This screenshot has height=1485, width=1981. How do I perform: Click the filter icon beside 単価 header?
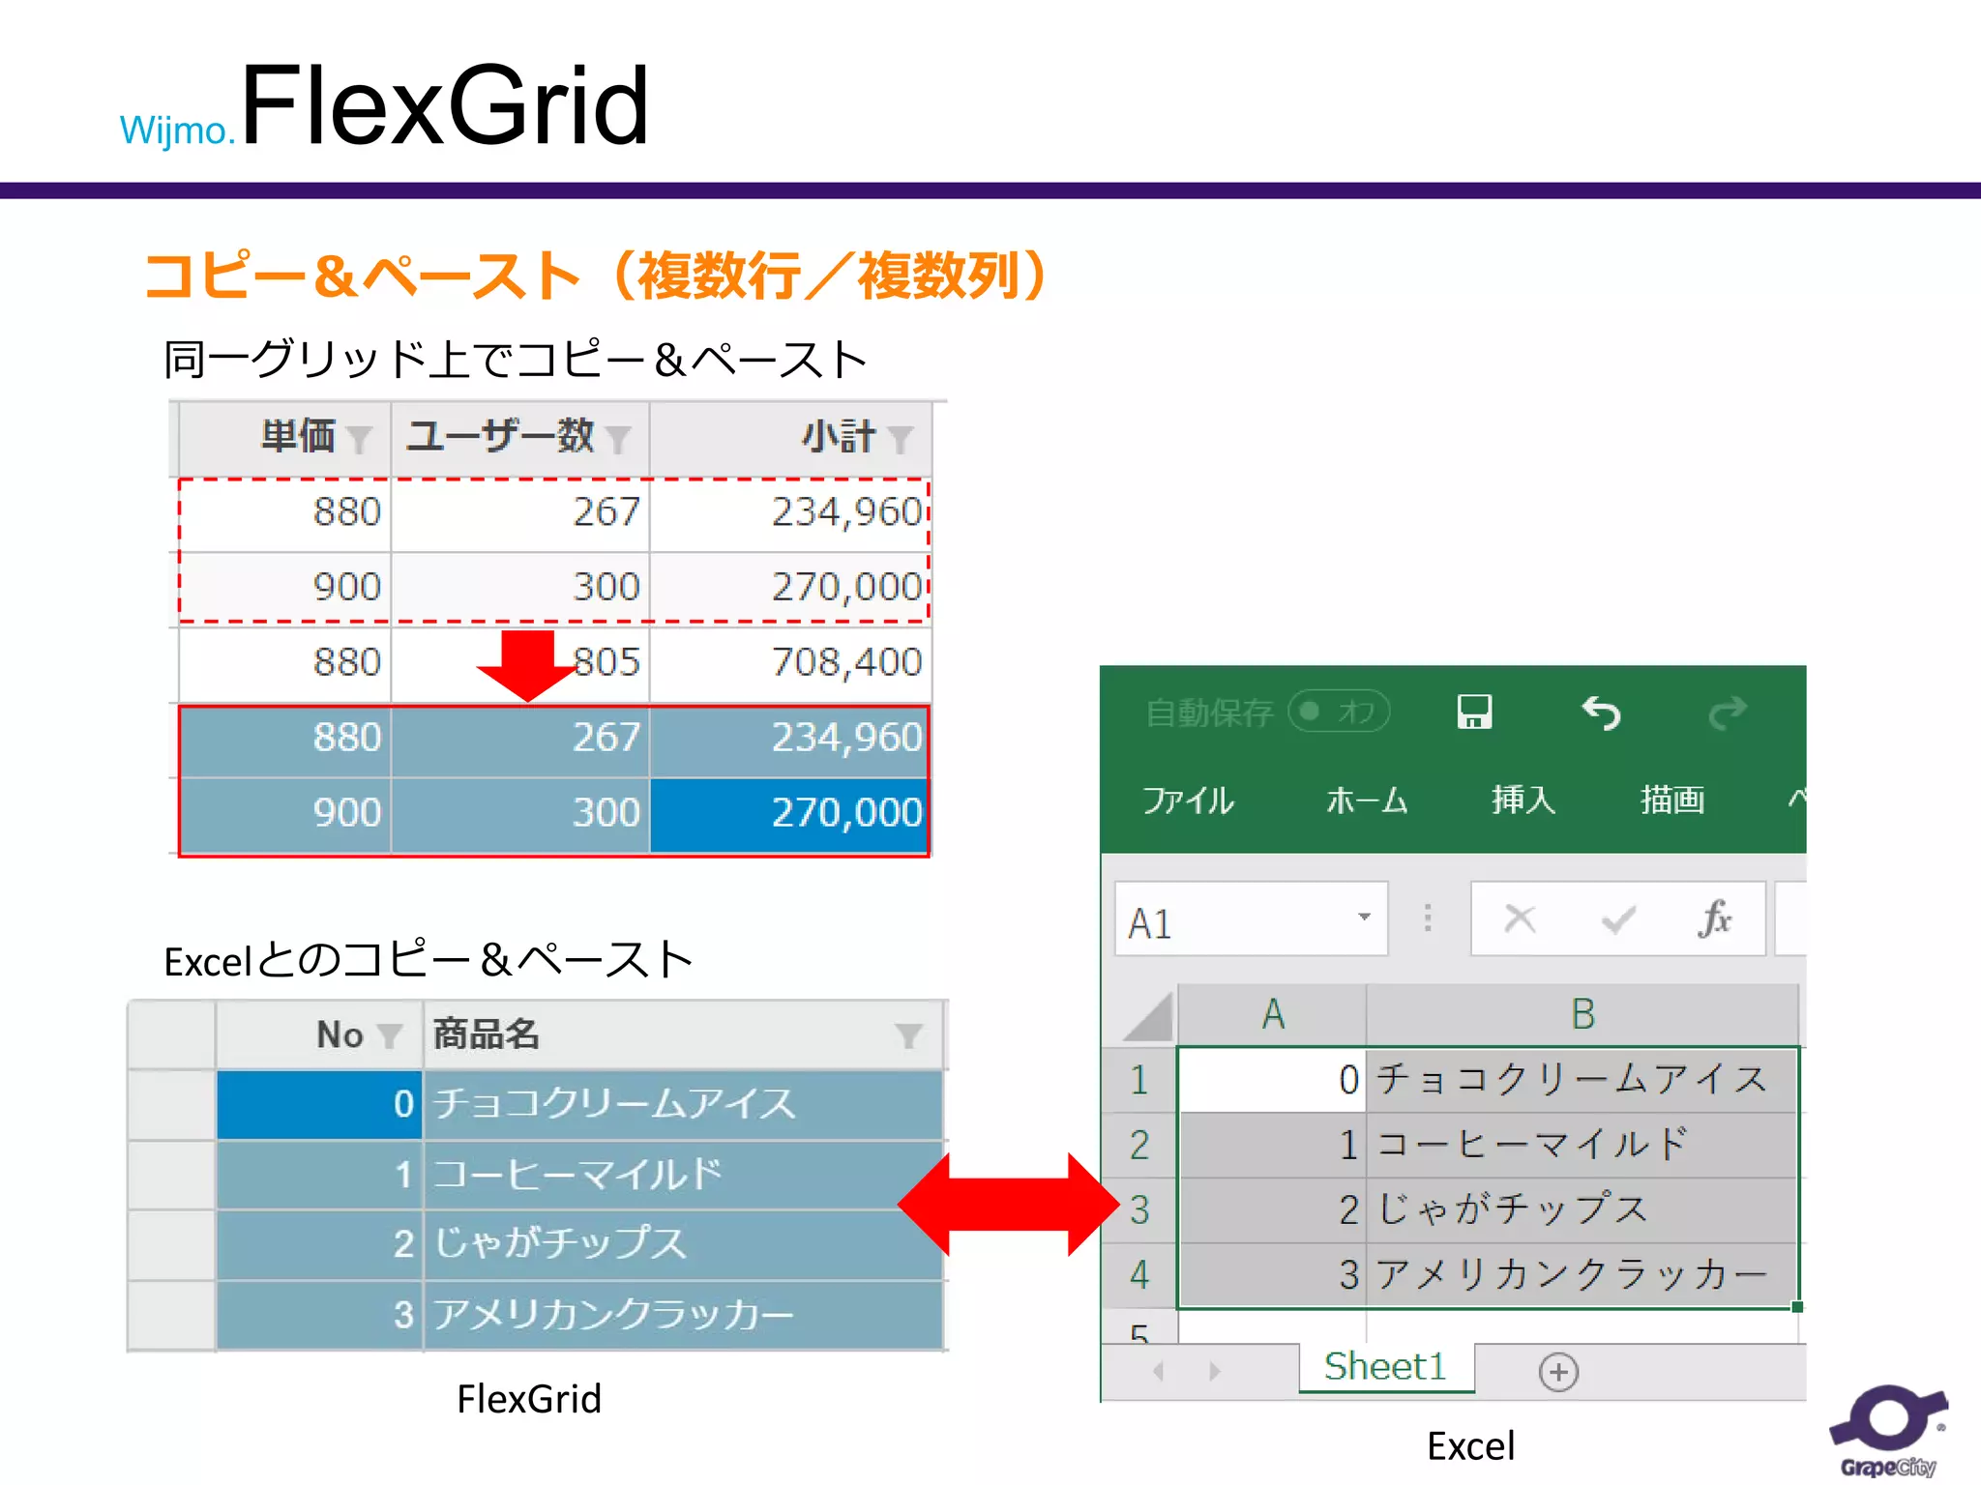point(359,439)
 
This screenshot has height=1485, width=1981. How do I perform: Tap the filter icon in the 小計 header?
point(901,439)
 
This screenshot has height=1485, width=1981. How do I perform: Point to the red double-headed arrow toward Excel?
point(1008,1204)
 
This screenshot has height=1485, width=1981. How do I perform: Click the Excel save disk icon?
point(1474,713)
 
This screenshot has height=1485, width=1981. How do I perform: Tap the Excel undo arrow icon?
point(1601,713)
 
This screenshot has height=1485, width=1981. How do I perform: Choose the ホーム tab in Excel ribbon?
point(1366,801)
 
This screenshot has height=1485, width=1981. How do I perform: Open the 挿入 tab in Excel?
point(1523,801)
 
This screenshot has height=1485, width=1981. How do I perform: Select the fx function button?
point(1714,918)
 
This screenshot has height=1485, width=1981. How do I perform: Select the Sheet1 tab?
point(1385,1367)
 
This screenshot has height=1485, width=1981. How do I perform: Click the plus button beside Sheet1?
point(1558,1372)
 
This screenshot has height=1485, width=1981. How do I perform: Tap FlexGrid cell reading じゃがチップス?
point(561,1244)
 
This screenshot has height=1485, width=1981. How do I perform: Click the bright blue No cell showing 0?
point(319,1104)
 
